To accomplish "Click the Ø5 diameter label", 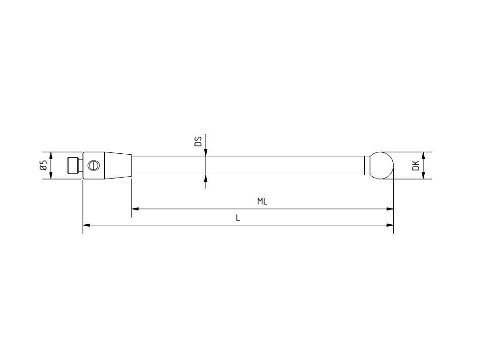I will pos(43,166).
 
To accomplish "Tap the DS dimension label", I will pos(199,141).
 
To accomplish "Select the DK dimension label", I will pos(416,166).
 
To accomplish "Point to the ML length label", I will pos(262,201).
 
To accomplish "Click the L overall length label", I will pos(238,218).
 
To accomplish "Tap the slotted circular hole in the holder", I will pos(94,165).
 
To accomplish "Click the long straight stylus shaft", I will pos(248,165).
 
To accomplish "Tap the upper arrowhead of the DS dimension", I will pos(206,151).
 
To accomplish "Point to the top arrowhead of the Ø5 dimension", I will pos(51,155).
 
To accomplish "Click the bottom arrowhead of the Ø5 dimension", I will pos(51,176).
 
